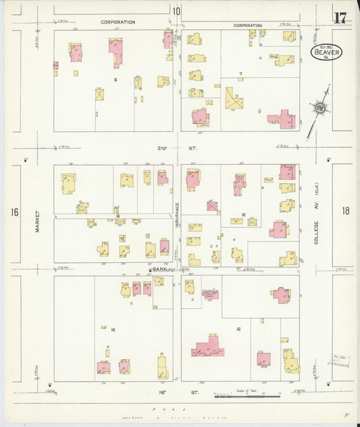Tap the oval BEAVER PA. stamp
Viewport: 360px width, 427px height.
[327, 52]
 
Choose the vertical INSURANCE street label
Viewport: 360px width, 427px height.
[178, 215]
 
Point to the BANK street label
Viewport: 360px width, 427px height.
[159, 269]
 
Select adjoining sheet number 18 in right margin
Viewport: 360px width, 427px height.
[346, 211]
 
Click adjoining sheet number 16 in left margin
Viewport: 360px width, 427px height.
[14, 212]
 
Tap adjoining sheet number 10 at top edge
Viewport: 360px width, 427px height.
[176, 11]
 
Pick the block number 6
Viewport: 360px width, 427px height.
[115, 79]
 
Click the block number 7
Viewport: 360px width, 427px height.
[240, 73]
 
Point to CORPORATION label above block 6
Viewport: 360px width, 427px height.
[118, 22]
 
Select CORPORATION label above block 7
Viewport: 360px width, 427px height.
[247, 25]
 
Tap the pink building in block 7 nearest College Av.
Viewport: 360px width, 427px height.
[282, 120]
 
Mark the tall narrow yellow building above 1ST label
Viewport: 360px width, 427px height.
[162, 367]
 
